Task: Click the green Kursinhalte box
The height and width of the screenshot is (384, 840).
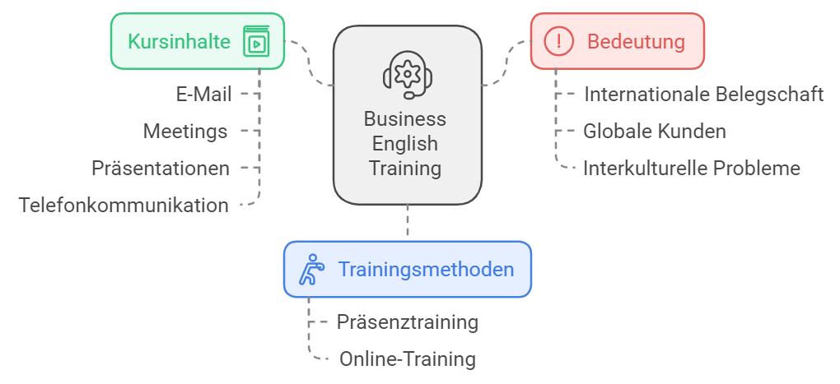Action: click(x=197, y=41)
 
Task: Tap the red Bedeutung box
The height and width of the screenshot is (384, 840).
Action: click(x=617, y=41)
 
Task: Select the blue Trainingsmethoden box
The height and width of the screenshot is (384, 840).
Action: click(x=407, y=269)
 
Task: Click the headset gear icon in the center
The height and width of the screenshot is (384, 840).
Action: click(x=408, y=75)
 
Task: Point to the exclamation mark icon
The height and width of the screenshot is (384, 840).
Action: click(x=558, y=41)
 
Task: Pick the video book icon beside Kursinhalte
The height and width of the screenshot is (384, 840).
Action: click(x=257, y=41)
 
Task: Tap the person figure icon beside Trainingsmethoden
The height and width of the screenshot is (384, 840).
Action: click(x=312, y=269)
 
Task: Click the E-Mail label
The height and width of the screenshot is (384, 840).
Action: click(x=203, y=94)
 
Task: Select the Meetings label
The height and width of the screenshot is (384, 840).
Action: click(x=184, y=131)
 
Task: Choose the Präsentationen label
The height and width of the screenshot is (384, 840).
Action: click(x=161, y=168)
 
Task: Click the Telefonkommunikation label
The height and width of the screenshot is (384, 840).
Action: click(x=124, y=206)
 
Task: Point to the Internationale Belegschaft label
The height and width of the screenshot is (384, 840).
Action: click(x=703, y=94)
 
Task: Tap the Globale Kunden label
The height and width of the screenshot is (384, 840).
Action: click(x=654, y=131)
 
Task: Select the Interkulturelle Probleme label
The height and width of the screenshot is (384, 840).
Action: click(x=692, y=168)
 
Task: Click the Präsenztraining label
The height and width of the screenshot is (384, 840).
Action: click(x=407, y=322)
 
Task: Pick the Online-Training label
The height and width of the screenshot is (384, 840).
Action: click(x=407, y=359)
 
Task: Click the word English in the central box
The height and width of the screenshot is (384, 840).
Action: click(x=405, y=143)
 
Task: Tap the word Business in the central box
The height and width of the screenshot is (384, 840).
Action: click(x=405, y=118)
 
